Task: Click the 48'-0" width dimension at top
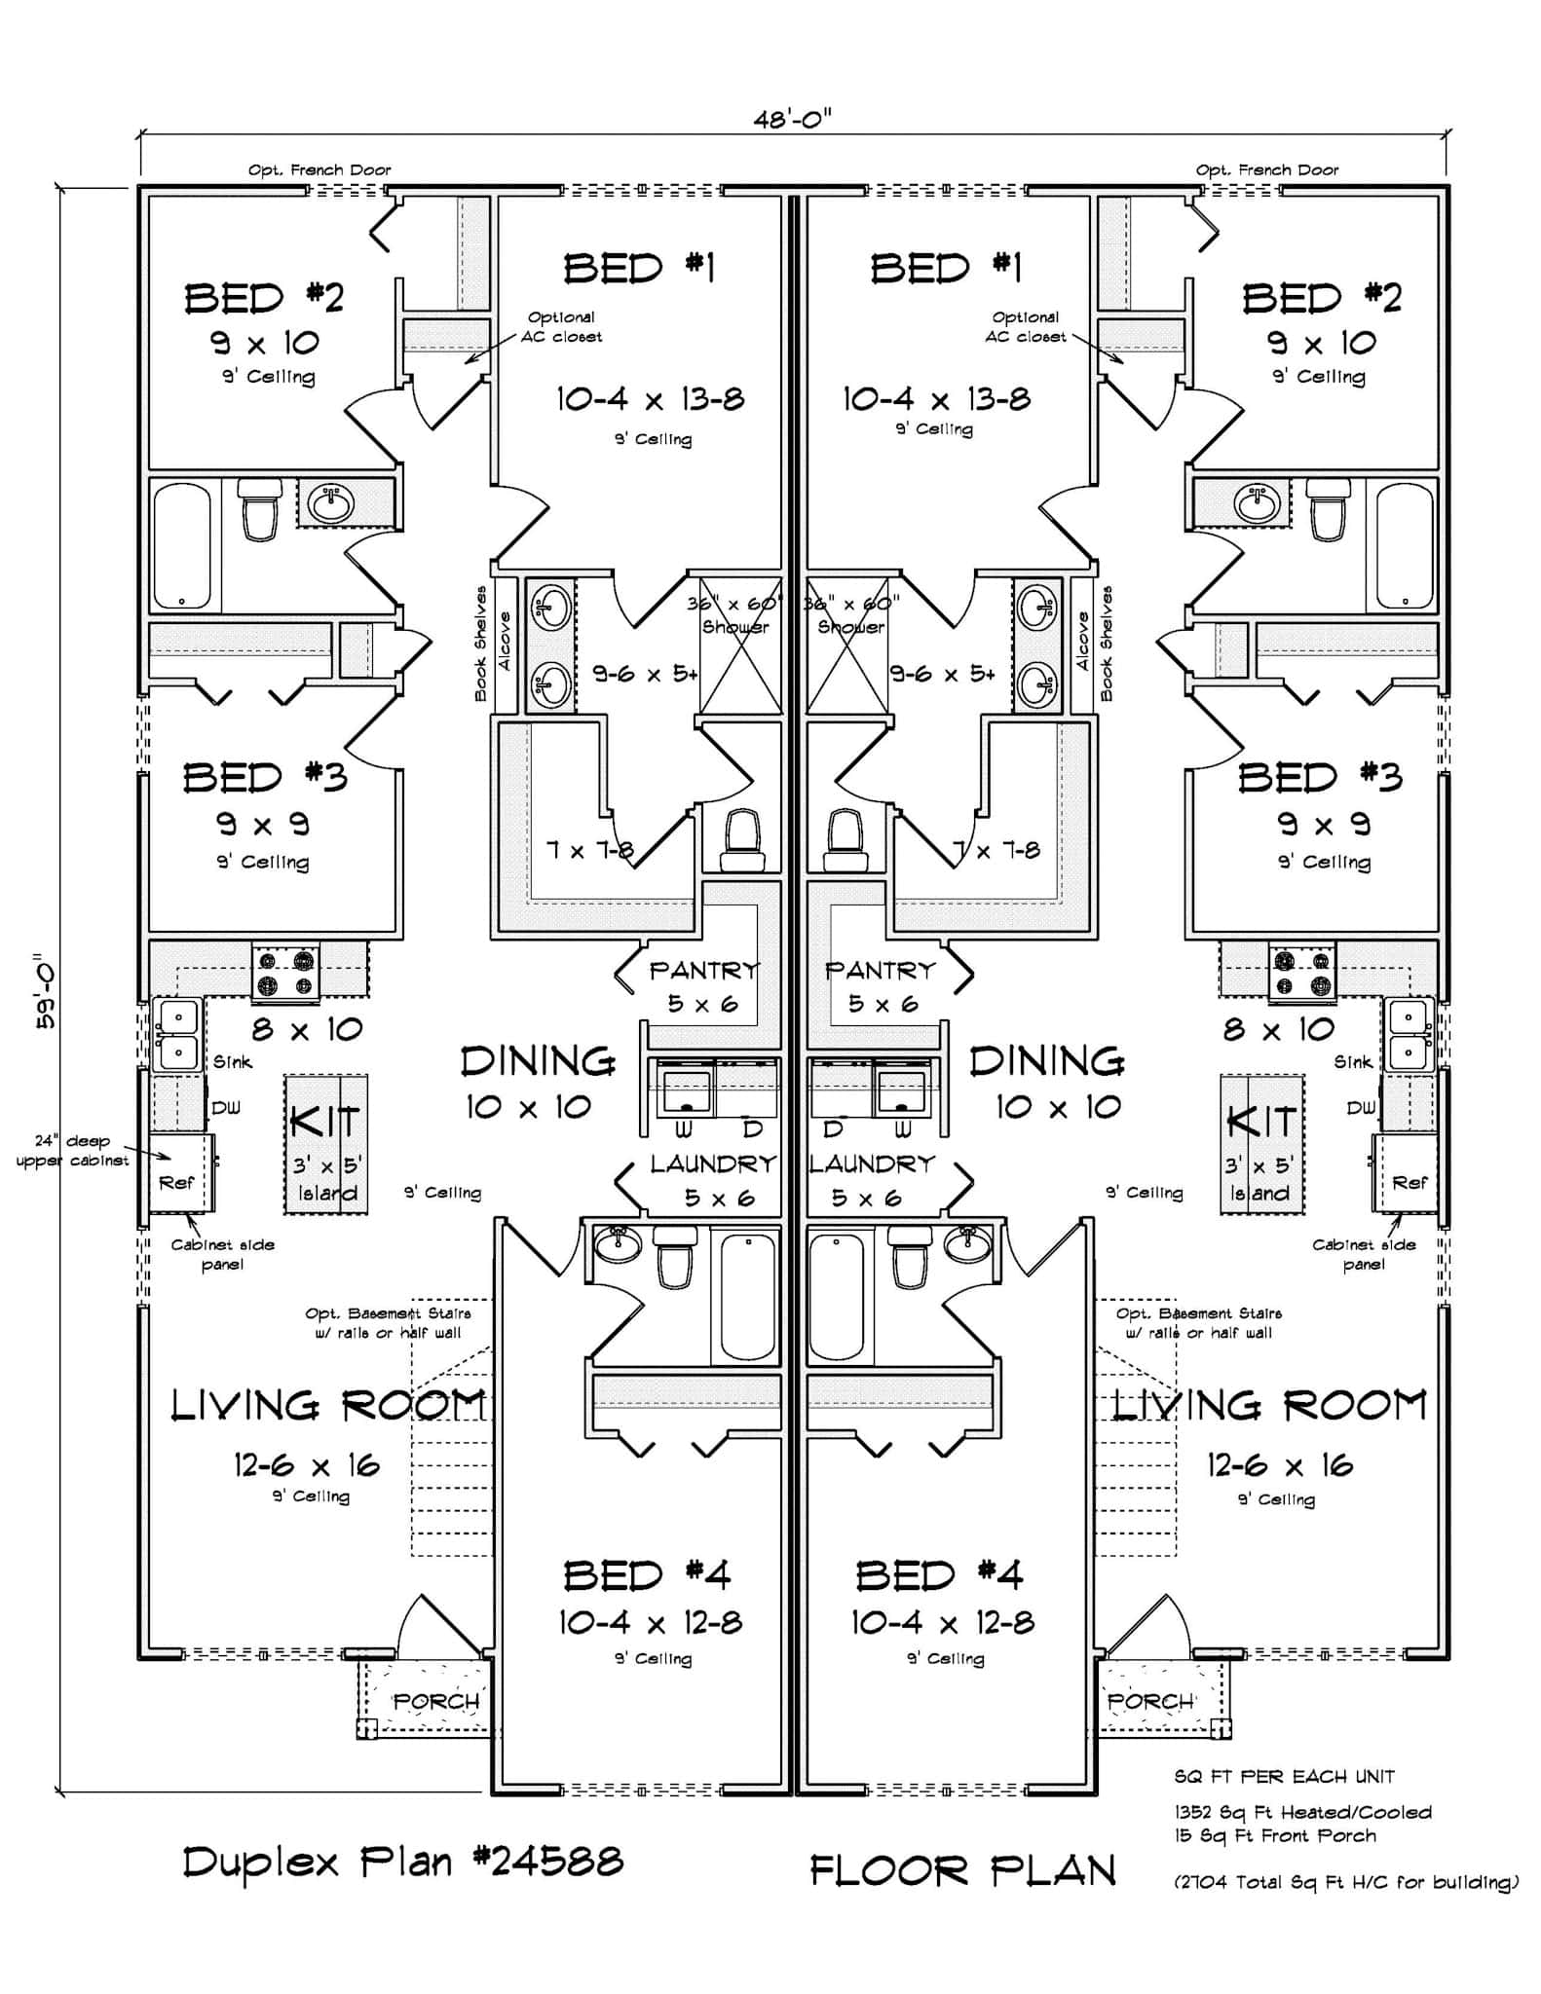(791, 120)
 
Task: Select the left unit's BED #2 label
(264, 298)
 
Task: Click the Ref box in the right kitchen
(1409, 1182)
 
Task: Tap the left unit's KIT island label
(325, 1123)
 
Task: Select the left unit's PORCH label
(435, 1701)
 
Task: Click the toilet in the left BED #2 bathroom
(260, 510)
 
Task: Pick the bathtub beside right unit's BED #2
(1404, 546)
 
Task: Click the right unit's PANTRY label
(880, 971)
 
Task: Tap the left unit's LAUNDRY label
(713, 1164)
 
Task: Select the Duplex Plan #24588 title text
(402, 1863)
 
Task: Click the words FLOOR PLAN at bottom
(962, 1871)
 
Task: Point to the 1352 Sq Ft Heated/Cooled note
(1302, 1812)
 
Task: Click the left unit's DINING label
(538, 1061)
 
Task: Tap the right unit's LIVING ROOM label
(1269, 1406)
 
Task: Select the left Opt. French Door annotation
(319, 170)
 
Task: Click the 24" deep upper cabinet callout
(72, 1150)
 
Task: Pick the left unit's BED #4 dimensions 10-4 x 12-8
(650, 1622)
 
